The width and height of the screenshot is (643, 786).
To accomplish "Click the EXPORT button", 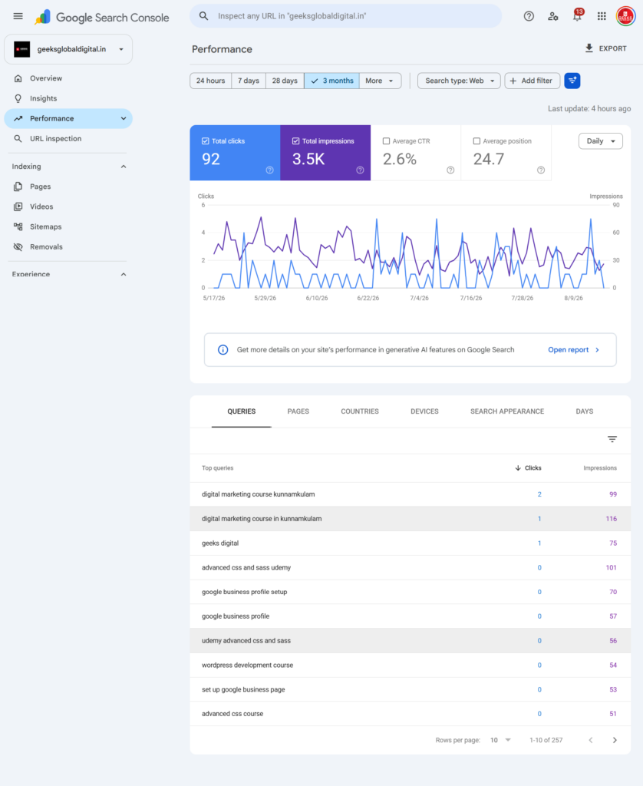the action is (605, 48).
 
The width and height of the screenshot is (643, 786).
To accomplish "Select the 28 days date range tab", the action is (285, 81).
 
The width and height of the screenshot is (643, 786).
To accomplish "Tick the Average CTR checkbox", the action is (386, 141).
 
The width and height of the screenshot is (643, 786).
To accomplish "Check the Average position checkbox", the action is (476, 141).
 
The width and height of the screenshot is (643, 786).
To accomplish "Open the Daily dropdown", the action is (600, 141).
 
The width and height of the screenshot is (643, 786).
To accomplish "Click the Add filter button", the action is (532, 81).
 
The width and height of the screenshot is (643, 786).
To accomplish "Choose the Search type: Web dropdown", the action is (459, 81).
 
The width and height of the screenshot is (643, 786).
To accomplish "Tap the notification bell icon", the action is (577, 16).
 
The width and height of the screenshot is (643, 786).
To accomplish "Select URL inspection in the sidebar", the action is (56, 139).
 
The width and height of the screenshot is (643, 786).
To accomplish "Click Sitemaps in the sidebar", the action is (45, 227).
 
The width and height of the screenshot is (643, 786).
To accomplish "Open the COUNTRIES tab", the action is (360, 411).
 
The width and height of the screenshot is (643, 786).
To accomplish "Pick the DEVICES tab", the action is (424, 411).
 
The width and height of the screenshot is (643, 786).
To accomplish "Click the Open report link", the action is (569, 350).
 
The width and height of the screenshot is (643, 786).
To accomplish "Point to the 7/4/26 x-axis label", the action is (420, 299).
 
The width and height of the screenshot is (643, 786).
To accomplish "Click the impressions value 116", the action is (612, 519).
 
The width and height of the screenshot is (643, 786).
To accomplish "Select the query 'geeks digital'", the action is (220, 543).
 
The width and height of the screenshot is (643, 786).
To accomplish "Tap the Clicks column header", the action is (533, 468).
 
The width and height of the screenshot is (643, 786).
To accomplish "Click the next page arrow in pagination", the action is (615, 741).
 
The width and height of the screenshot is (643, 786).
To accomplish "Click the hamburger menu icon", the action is (18, 16).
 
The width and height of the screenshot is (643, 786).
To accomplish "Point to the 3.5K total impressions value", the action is (308, 160).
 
